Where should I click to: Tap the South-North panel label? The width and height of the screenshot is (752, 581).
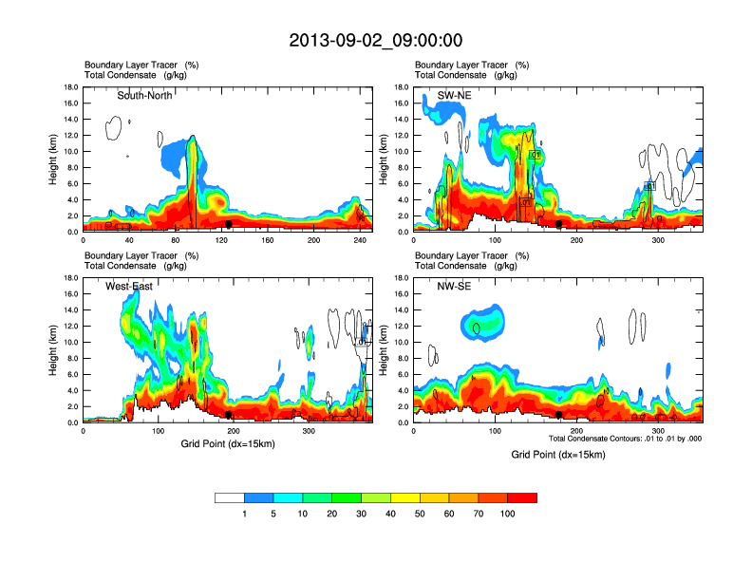click(144, 96)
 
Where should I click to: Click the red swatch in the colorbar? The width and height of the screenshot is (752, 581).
click(522, 497)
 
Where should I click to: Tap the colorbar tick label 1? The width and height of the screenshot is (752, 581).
click(244, 514)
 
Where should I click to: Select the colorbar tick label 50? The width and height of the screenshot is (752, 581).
click(420, 514)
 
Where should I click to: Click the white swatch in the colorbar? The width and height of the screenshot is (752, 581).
click(229, 497)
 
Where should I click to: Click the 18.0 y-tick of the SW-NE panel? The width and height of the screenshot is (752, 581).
click(403, 87)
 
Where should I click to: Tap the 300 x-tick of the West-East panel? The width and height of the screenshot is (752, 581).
click(308, 432)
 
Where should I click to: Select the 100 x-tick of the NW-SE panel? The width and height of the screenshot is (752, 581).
click(495, 432)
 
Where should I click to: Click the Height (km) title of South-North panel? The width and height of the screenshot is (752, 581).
click(54, 159)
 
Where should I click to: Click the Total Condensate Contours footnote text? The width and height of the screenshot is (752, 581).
click(624, 438)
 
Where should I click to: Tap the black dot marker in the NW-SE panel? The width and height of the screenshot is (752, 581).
click(559, 415)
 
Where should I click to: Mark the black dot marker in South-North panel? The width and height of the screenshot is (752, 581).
click(228, 224)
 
